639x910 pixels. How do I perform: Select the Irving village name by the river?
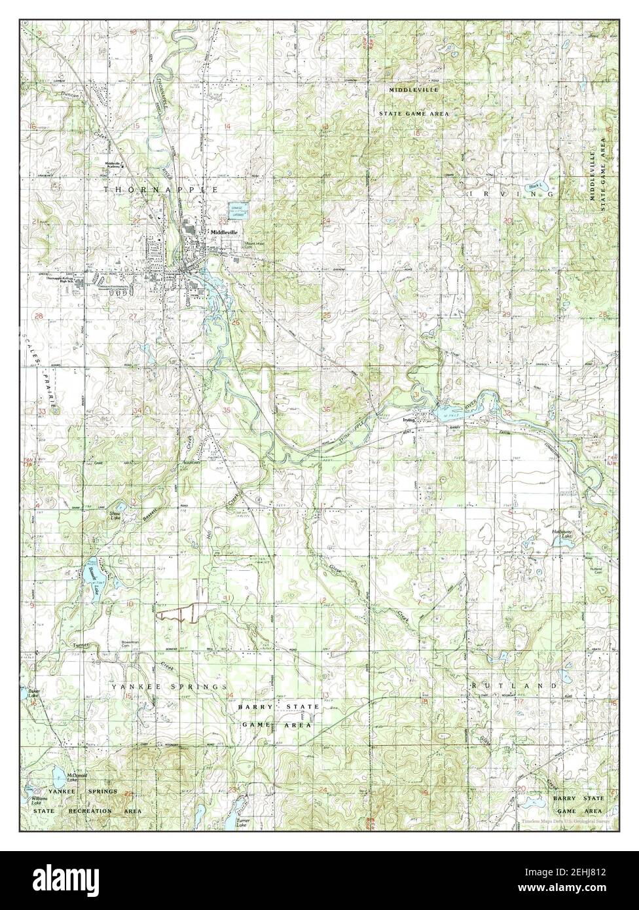tap(411, 423)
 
